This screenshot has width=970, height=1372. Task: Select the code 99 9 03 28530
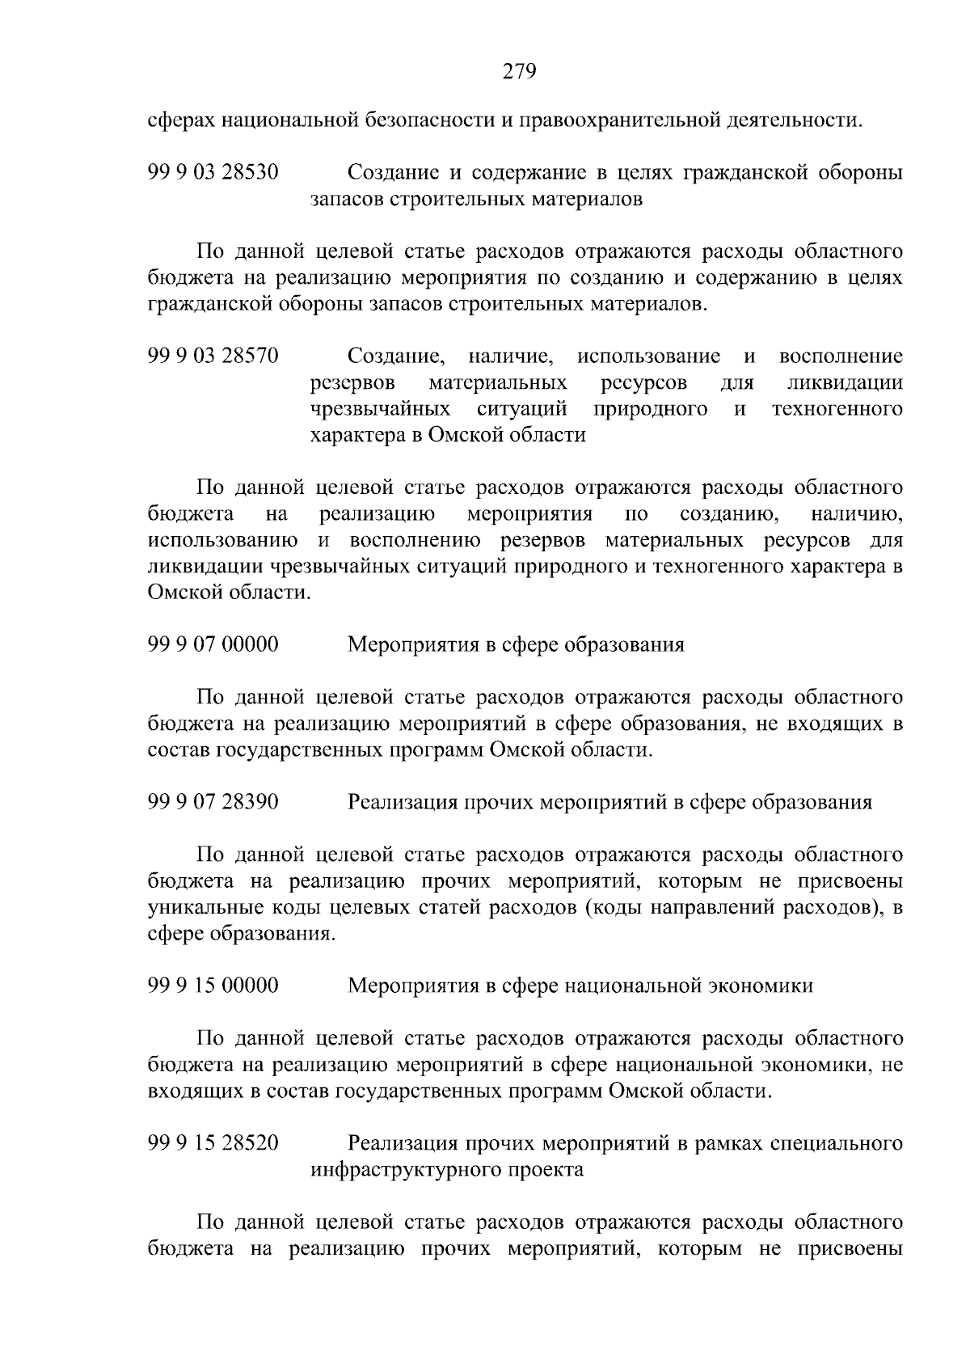tap(213, 173)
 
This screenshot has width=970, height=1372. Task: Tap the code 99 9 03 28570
tap(213, 357)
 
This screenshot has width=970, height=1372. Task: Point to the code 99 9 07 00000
tap(213, 645)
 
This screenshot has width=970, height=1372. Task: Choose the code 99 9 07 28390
tap(213, 802)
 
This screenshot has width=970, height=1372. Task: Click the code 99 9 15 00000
tap(213, 986)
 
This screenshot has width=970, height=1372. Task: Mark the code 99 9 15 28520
tap(213, 1144)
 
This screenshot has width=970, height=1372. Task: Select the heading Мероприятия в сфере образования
tap(516, 645)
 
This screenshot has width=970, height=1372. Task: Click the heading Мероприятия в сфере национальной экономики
tap(580, 986)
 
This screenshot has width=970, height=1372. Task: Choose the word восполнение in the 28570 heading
tap(841, 357)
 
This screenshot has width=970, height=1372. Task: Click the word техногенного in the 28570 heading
tap(837, 409)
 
